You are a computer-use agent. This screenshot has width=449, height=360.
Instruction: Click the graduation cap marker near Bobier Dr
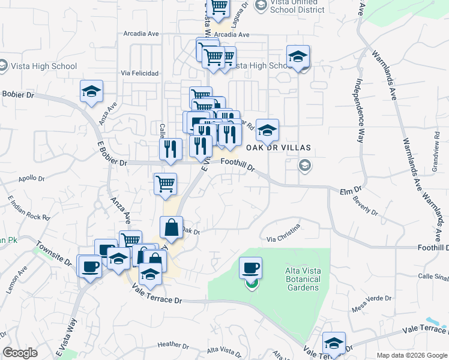click(91, 91)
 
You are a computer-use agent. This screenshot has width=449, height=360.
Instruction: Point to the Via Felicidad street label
click(139, 73)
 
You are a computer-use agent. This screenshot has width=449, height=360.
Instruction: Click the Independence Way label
click(360, 110)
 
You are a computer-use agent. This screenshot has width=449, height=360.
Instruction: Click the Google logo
click(20, 353)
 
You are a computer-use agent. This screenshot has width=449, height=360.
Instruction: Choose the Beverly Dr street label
click(366, 208)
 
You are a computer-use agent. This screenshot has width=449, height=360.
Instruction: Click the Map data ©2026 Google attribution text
click(411, 355)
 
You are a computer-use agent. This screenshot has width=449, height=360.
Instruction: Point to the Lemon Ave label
click(18, 279)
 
